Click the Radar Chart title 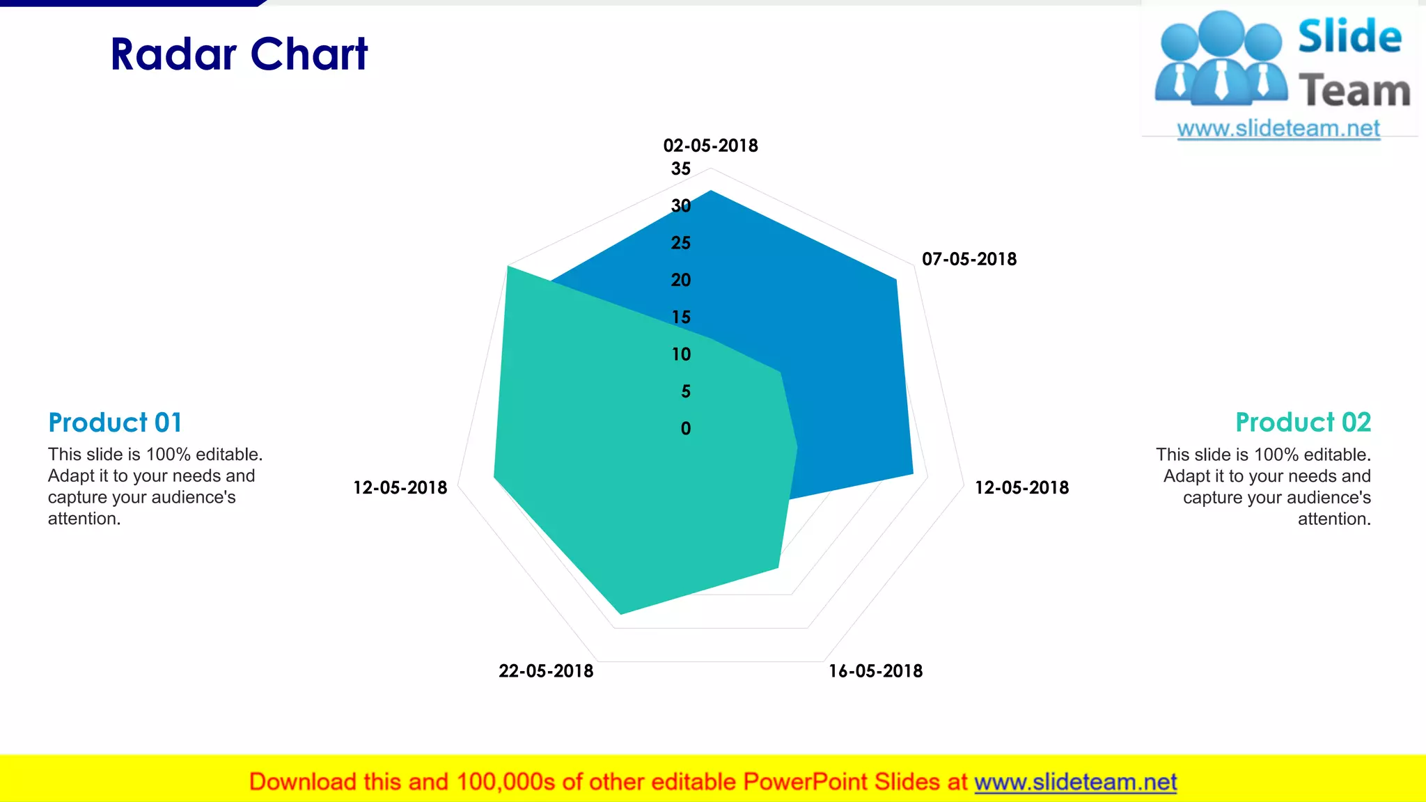(x=239, y=54)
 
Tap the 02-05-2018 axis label (x=710, y=146)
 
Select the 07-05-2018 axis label (x=969, y=259)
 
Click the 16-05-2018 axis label (x=875, y=671)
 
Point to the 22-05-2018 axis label (x=546, y=671)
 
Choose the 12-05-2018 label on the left (x=400, y=487)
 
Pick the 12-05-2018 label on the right (x=1021, y=487)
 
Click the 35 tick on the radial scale (x=681, y=168)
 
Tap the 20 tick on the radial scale (x=681, y=280)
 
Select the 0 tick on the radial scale (x=686, y=429)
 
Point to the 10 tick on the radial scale (x=681, y=354)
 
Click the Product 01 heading (x=115, y=423)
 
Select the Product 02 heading (x=1303, y=423)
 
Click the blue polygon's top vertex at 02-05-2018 (x=710, y=191)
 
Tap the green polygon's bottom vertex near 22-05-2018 (x=621, y=613)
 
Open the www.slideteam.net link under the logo (x=1278, y=129)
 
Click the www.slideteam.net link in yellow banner (x=1075, y=782)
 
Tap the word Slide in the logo (x=1349, y=36)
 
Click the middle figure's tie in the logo (x=1221, y=80)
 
